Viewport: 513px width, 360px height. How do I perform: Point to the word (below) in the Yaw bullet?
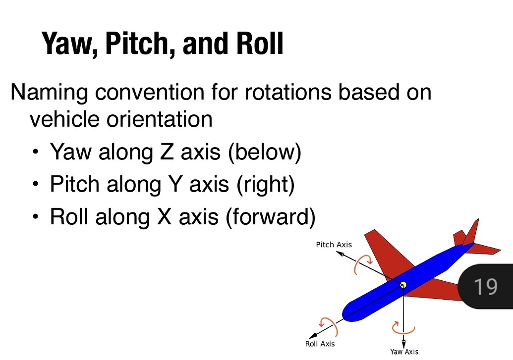tap(264, 152)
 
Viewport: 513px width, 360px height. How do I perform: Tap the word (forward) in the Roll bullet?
tap(270, 217)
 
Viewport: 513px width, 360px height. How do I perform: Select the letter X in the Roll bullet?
tap(164, 217)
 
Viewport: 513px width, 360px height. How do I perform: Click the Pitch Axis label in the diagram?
tap(334, 245)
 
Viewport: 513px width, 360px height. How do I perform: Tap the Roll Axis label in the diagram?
tap(320, 344)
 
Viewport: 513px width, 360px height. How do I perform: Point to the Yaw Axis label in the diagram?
tap(404, 352)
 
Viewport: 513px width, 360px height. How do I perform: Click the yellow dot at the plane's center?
tap(403, 284)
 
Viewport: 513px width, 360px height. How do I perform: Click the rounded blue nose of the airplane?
tap(349, 312)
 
